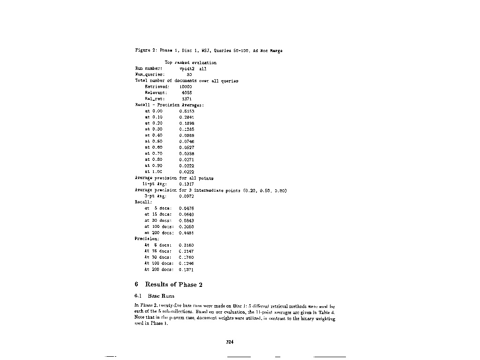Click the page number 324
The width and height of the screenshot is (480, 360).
[x=230, y=342]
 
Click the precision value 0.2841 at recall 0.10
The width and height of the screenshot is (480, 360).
[x=187, y=117]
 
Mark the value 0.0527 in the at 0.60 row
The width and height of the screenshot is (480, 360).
[x=187, y=148]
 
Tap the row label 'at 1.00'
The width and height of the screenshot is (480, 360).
[x=154, y=172]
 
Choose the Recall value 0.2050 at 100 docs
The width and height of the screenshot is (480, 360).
[x=187, y=226]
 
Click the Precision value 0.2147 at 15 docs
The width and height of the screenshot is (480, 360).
[x=187, y=251]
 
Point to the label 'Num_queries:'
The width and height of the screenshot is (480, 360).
[x=150, y=75]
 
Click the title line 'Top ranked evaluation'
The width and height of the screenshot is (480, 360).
[x=190, y=62]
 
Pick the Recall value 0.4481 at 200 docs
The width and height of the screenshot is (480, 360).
[x=187, y=232]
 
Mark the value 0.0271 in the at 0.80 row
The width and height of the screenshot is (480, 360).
[x=187, y=160]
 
